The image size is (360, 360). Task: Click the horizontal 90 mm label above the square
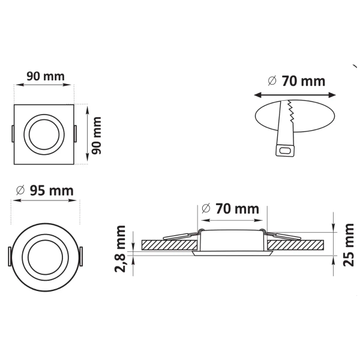(x=46, y=76)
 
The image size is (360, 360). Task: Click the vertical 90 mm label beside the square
(x=96, y=136)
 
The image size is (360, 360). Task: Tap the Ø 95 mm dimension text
(x=45, y=191)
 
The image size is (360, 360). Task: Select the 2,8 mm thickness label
(x=121, y=249)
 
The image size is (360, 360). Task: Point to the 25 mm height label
(x=348, y=245)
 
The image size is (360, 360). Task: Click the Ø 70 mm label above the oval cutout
(x=296, y=81)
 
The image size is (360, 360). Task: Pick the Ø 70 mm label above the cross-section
(x=230, y=209)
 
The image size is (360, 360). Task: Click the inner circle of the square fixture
(x=44, y=134)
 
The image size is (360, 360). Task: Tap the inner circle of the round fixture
(x=45, y=257)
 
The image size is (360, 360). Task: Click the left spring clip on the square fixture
(x=13, y=134)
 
